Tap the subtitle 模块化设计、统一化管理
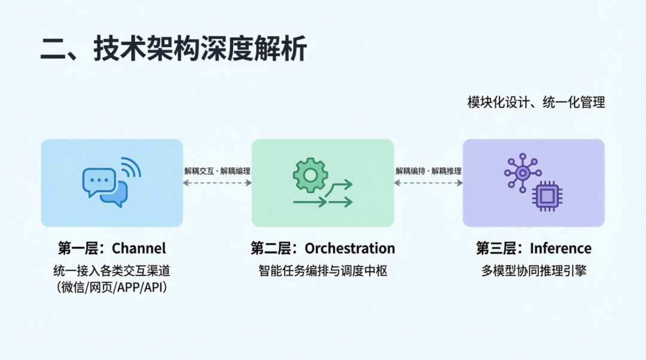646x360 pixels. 536,102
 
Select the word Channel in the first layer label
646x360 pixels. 139,248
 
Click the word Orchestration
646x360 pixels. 350,248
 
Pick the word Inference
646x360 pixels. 560,248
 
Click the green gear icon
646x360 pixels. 310,175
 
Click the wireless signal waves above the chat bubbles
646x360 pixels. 131,168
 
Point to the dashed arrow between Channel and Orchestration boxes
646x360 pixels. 217,182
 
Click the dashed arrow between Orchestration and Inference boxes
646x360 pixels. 428,182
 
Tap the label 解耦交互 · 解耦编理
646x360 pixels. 217,171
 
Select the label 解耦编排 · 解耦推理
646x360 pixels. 428,171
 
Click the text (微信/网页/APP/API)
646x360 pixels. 112,287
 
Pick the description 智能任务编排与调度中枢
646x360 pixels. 323,271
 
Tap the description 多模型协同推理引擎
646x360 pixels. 534,271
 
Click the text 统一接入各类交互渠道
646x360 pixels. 112,271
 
